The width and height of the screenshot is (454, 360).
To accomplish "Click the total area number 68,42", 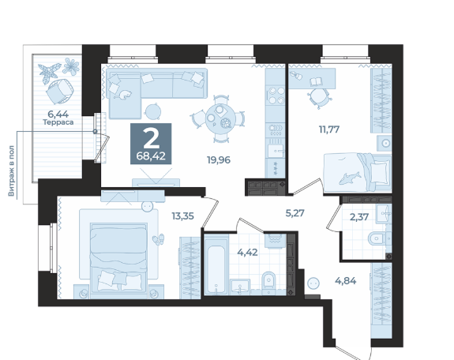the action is tap(151, 156).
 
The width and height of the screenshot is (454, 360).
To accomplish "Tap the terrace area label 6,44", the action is tap(58, 114).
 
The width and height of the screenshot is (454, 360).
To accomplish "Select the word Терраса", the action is tap(58, 122).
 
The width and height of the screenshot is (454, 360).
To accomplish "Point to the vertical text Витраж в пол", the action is tap(11, 171).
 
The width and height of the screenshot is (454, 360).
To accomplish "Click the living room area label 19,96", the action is tap(219, 159).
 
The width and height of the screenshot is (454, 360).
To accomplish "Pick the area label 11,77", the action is tap(329, 129).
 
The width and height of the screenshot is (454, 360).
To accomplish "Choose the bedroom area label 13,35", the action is tap(182, 216).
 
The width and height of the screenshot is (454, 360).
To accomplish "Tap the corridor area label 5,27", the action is tap(295, 213).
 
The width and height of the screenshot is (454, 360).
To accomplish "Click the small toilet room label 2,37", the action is tap(359, 216).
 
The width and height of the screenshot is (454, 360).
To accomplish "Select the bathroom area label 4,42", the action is tap(248, 253).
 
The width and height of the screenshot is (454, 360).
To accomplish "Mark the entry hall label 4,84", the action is tap(346, 280).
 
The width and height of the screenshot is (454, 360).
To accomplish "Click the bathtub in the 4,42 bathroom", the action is tap(216, 264).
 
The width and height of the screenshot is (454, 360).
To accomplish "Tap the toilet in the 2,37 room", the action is tap(377, 239).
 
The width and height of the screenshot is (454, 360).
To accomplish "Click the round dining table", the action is tap(220, 118).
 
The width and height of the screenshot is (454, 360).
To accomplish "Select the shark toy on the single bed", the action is tap(350, 178).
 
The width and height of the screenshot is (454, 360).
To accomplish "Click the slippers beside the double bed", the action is tap(159, 239).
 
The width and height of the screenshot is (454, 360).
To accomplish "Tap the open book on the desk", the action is tap(316, 81).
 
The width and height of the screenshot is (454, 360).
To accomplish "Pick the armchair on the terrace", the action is tap(60, 91).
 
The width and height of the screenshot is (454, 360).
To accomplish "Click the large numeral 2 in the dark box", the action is tap(151, 138).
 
